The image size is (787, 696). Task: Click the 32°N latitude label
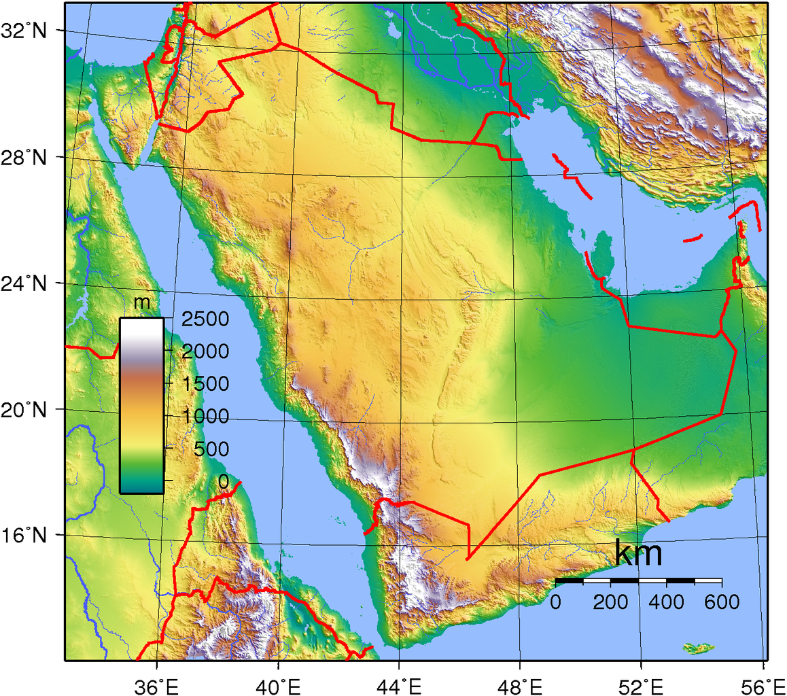point(25,31)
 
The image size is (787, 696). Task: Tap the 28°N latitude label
point(25,158)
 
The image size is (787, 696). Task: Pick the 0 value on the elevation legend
point(224,481)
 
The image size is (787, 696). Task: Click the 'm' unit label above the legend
point(142,302)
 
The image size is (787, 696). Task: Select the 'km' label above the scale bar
point(638,554)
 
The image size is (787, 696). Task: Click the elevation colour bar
point(141,405)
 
